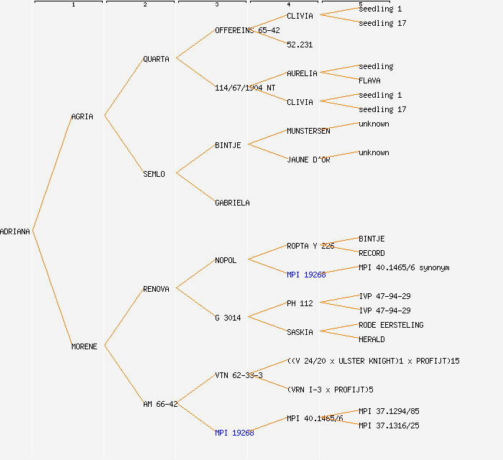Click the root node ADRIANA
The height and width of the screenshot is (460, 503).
[x=15, y=231]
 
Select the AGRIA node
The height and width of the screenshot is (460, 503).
[x=82, y=116]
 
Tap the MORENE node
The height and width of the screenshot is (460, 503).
[x=84, y=346]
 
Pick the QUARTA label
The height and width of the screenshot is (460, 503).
[x=156, y=59]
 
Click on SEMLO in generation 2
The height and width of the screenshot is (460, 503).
[x=154, y=174]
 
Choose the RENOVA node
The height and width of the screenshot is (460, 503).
[x=156, y=289]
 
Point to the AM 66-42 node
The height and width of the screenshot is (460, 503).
[x=160, y=404]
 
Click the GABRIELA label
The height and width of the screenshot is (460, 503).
[x=232, y=203]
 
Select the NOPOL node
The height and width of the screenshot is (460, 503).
[x=226, y=260]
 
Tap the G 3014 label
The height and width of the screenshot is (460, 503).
[x=228, y=318]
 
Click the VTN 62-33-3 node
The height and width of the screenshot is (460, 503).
[x=239, y=375]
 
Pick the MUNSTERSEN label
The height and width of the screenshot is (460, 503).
[x=308, y=131]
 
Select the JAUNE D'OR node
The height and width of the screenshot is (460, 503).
[x=308, y=160]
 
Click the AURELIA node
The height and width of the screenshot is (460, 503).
[x=302, y=73]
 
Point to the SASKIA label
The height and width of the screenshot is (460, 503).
[x=300, y=332]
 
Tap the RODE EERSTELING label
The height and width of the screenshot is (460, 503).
[x=391, y=325]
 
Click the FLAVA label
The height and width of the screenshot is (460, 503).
[x=369, y=80]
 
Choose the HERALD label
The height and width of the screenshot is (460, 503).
[x=372, y=339]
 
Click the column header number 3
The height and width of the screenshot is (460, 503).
[x=216, y=5]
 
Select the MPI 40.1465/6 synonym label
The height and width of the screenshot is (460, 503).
[x=404, y=267]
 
